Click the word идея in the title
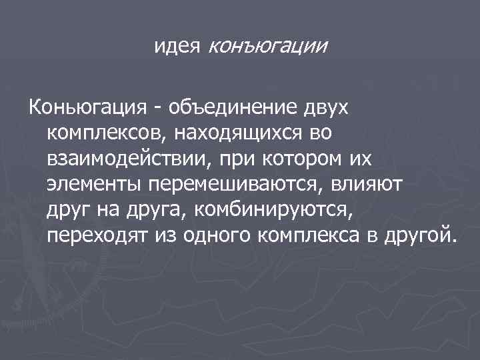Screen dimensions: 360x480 (179, 46)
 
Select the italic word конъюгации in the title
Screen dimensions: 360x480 (268, 46)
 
